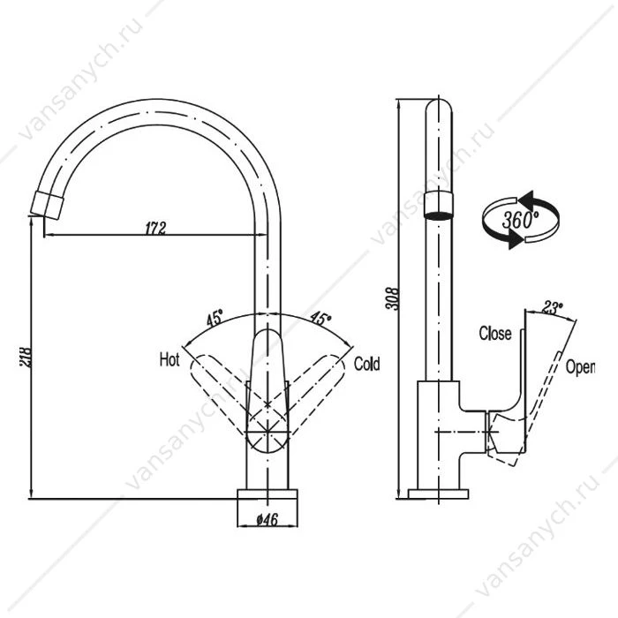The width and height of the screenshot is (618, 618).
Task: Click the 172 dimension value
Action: pos(155,228)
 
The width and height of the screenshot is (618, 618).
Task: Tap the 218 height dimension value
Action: pos(26,357)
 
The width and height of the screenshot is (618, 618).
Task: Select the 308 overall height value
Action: pos(394,299)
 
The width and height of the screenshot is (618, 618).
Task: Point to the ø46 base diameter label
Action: pos(268,520)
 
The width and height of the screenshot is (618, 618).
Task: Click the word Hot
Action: pos(170,360)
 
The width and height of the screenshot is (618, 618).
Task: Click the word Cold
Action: pos(367,364)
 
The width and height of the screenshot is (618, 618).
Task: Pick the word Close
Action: pos(495,334)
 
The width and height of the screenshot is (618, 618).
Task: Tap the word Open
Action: pos(580,367)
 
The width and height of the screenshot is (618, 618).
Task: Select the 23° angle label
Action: pos(553,307)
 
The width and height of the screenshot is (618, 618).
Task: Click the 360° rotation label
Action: pos(520,219)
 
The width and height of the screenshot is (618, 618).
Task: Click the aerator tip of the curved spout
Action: pos(48,205)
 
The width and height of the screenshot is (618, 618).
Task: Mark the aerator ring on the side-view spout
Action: pos(439,205)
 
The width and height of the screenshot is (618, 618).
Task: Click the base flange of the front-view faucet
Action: pos(268,494)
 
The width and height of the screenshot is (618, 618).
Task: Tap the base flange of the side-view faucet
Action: pos(438,494)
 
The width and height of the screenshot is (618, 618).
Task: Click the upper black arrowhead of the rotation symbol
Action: pos(527,198)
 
